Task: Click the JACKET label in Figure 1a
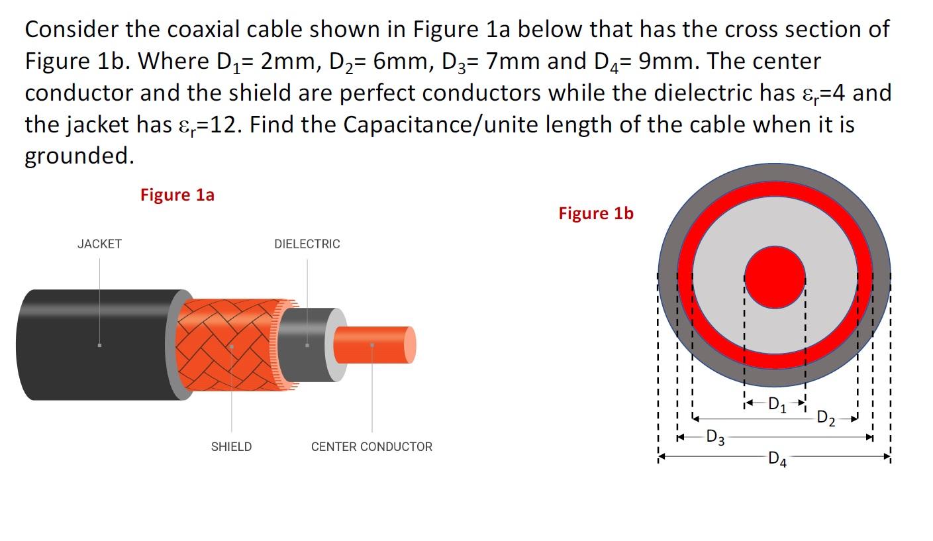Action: (99, 244)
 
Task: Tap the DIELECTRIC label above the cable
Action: (307, 244)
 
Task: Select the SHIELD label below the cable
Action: (231, 447)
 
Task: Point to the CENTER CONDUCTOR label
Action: (371, 447)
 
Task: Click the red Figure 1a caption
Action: (177, 195)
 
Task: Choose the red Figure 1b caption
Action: (596, 213)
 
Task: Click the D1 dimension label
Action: (775, 403)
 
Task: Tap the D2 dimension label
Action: (826, 418)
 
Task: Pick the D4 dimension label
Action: (777, 458)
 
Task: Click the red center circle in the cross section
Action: (775, 277)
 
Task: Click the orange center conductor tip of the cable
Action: (374, 345)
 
